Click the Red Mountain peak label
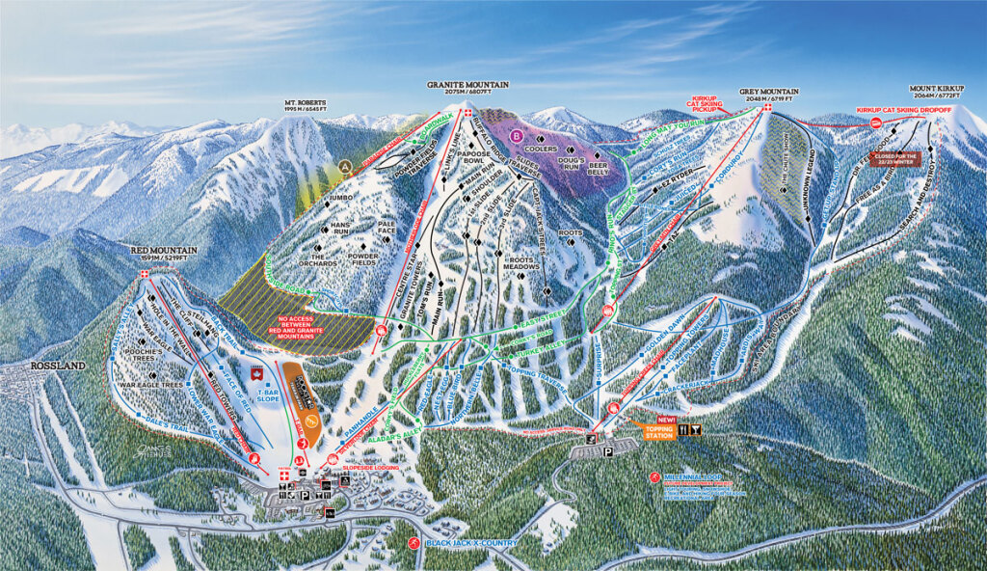click(x=164, y=253)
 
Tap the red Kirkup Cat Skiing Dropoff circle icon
click(x=875, y=122)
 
